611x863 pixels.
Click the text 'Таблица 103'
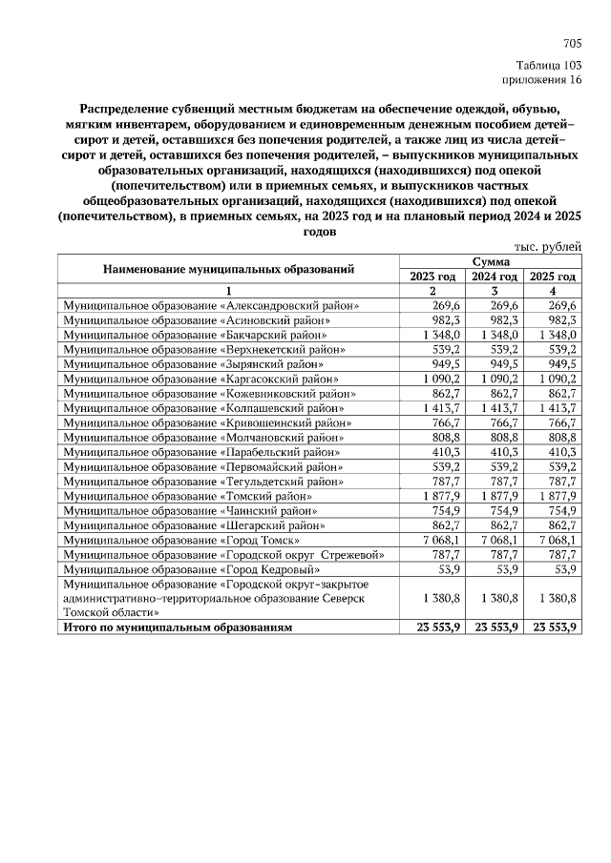[548, 65]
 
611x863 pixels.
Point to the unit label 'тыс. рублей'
[548, 247]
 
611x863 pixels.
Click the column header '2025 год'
[553, 276]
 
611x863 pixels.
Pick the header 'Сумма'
[491, 261]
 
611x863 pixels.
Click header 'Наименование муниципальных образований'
[228, 269]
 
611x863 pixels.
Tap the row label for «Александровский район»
[210, 306]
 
